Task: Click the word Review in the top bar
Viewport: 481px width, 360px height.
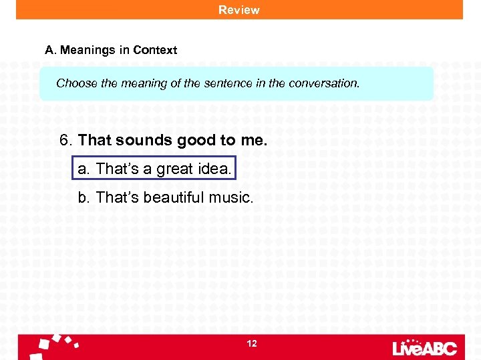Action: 238,10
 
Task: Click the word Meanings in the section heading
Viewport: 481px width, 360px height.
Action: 83,50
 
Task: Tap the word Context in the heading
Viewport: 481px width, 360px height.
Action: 155,50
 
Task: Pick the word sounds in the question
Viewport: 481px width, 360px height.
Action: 144,141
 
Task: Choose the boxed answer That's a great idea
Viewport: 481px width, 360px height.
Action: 154,169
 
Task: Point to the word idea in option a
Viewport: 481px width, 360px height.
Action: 214,169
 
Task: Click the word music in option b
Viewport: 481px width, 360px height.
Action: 231,197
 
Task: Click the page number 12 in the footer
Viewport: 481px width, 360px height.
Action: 252,343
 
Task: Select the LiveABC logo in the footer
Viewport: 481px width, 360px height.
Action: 424,347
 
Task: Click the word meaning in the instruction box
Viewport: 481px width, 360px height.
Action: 142,83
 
